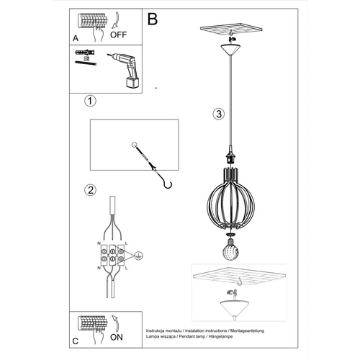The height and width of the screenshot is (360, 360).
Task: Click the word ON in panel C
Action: (x=117, y=336)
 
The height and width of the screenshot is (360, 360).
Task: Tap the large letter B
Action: (x=153, y=18)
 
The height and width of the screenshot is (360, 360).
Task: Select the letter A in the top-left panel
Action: (x=76, y=38)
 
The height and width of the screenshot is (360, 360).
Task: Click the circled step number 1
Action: (x=90, y=101)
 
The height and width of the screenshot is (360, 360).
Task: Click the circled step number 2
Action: (x=90, y=191)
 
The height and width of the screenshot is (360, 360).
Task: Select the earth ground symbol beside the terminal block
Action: (x=139, y=255)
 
